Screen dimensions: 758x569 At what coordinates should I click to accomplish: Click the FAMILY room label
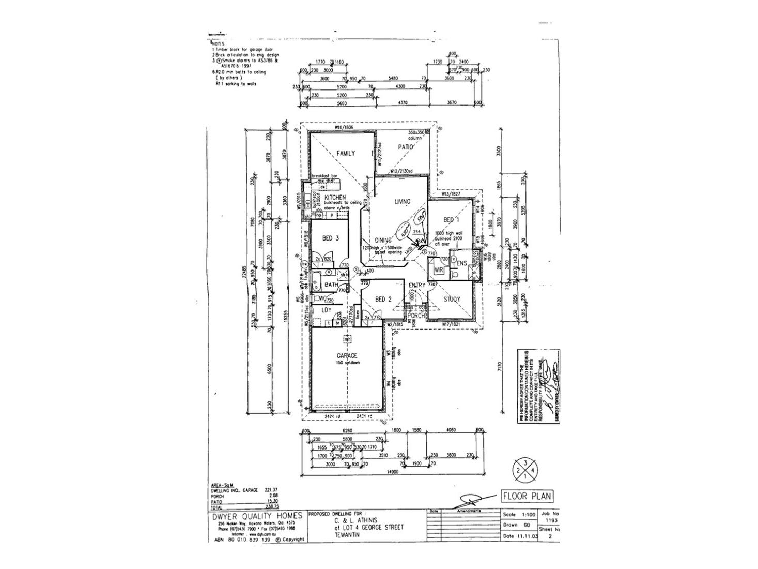[346, 154]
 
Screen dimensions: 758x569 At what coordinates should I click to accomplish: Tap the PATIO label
[407, 147]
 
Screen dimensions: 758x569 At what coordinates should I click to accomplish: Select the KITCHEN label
[335, 198]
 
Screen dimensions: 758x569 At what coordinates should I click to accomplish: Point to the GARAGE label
[347, 355]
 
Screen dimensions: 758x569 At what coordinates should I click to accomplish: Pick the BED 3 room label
[331, 238]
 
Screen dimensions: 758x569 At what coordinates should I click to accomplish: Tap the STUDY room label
[452, 299]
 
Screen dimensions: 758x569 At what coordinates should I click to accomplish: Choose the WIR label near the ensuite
[439, 269]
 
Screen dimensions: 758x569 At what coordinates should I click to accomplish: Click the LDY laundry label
[326, 310]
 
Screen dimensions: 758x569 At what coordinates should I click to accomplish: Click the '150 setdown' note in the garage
[347, 363]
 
